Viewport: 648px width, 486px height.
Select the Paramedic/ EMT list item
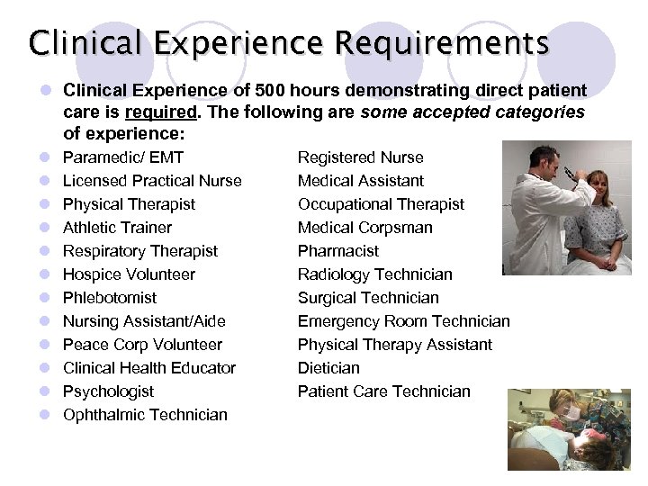coord(123,157)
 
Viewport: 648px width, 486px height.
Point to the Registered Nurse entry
coord(360,157)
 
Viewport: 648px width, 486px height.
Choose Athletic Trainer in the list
coord(117,228)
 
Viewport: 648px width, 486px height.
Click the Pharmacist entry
coord(338,251)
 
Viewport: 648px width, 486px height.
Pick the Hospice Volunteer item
coord(129,274)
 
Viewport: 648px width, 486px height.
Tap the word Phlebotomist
coord(109,298)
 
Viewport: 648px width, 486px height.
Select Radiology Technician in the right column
coord(375,274)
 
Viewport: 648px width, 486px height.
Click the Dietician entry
coord(328,368)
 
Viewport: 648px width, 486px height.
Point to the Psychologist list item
coord(108,391)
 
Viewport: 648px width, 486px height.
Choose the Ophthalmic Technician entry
coord(145,415)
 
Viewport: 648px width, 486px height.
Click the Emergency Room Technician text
coord(404,321)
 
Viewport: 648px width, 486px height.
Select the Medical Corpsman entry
coord(365,228)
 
